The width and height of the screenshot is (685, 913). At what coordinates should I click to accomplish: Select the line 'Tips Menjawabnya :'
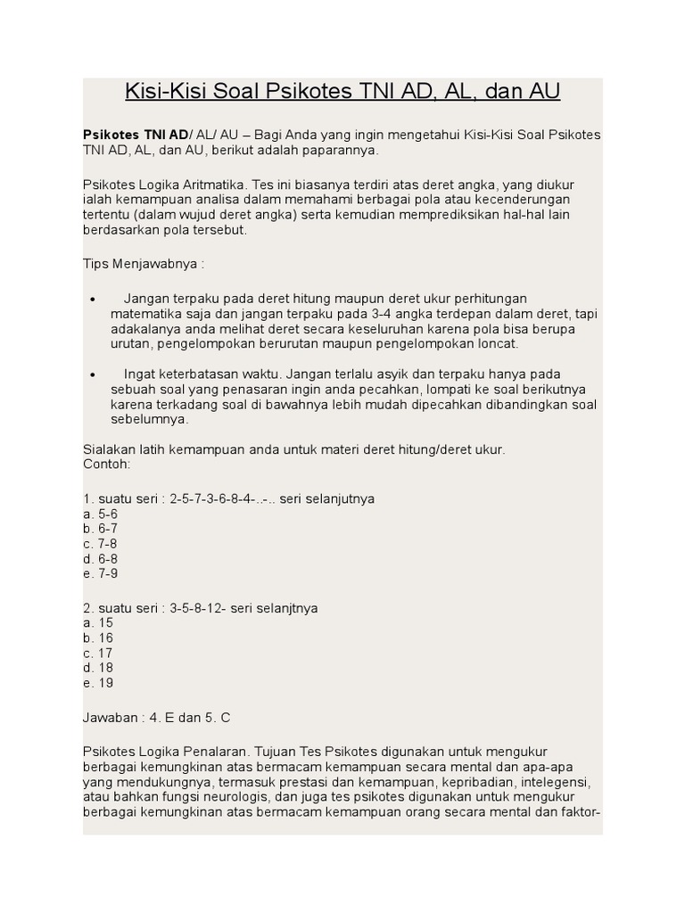[x=144, y=265]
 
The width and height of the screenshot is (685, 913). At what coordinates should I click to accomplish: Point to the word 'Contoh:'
[x=106, y=465]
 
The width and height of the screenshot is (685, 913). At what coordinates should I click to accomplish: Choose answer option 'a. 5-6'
[x=100, y=514]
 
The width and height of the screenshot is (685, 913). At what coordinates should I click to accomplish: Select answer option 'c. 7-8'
[x=100, y=544]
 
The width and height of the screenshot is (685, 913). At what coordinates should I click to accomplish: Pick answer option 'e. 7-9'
[x=100, y=573]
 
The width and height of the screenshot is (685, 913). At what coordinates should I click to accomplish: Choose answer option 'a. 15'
[x=97, y=623]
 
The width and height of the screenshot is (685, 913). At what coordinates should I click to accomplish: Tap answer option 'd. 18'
[x=97, y=668]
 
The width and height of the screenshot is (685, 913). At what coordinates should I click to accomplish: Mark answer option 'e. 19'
[x=97, y=683]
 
